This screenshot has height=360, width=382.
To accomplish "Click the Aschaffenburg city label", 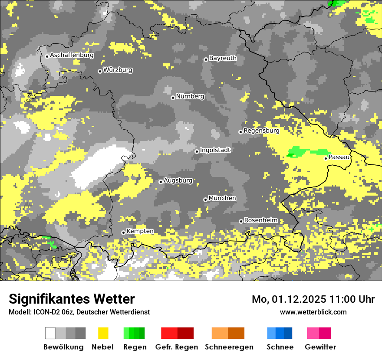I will (x=72, y=55).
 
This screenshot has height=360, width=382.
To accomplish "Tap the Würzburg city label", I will (x=118, y=70).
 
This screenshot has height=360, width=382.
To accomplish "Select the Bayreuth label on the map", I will (x=223, y=58).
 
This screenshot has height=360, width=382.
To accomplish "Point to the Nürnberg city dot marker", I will (x=173, y=98).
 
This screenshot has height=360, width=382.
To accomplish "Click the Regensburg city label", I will (x=261, y=131).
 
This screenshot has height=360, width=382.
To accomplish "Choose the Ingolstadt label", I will (x=215, y=150).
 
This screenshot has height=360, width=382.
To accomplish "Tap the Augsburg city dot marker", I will (x=161, y=182).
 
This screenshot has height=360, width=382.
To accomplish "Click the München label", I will (x=222, y=198).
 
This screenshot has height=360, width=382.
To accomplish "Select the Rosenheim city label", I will (x=261, y=220).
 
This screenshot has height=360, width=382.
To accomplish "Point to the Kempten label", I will (x=140, y=231).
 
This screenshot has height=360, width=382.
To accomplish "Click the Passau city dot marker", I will (x=326, y=158).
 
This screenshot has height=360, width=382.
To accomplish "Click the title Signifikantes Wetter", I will (x=72, y=299).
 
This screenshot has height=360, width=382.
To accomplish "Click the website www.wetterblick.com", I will (x=313, y=312).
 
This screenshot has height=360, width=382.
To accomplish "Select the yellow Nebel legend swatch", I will (x=103, y=333).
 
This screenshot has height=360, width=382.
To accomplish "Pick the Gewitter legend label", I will (x=320, y=347).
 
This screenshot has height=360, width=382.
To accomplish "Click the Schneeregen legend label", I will (x=229, y=347).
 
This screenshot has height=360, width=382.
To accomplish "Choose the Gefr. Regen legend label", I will (x=177, y=347).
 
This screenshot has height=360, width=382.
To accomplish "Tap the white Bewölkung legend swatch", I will (x=50, y=333).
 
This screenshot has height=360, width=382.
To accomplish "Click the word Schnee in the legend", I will (x=280, y=347).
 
